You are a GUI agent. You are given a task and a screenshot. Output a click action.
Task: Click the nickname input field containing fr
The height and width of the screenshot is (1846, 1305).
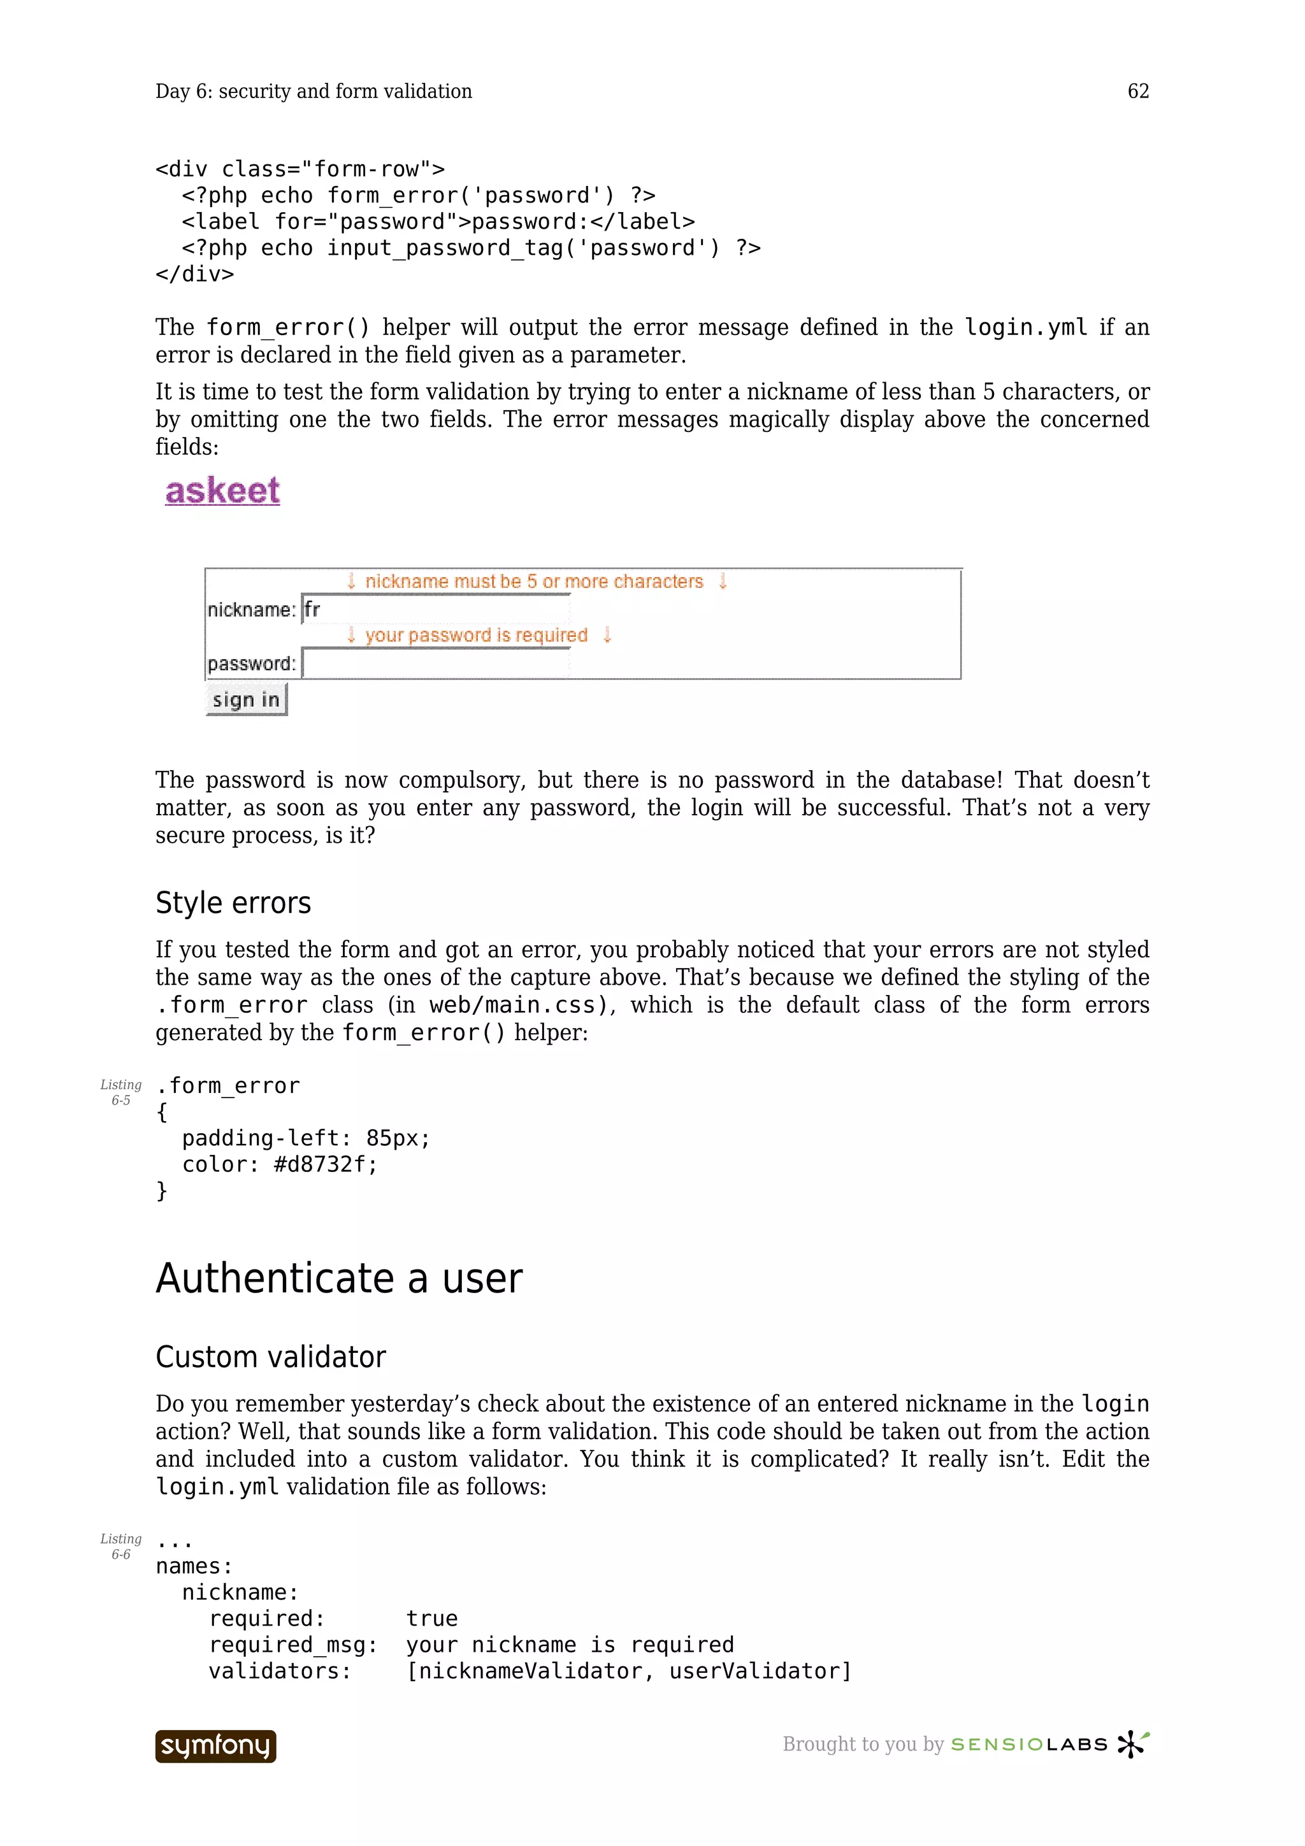(x=435, y=610)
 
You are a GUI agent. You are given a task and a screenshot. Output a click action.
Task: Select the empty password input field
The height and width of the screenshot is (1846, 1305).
(x=435, y=663)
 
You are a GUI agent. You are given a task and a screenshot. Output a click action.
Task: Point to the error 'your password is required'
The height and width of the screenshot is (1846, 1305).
(x=476, y=635)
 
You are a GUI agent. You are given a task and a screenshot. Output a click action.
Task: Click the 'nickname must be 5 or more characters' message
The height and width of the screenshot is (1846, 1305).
(x=534, y=582)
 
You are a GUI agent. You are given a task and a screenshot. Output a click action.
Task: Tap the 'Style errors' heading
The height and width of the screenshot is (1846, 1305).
(x=233, y=903)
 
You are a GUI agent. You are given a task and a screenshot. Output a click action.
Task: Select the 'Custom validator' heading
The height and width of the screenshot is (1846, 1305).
(x=270, y=1357)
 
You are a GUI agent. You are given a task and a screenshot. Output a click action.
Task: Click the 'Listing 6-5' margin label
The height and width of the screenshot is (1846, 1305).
(x=120, y=1092)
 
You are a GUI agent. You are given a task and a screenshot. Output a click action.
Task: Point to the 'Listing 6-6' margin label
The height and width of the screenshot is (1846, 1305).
(x=120, y=1546)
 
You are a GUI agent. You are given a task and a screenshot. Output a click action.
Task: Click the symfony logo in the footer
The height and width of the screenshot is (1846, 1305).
(x=215, y=1745)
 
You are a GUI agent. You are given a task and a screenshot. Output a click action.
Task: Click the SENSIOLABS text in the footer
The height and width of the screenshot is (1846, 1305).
(x=1029, y=1745)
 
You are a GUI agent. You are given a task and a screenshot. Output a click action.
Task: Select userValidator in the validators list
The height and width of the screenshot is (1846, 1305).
(x=753, y=1671)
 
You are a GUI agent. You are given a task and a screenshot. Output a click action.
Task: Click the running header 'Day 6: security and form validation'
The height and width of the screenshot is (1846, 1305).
(x=314, y=92)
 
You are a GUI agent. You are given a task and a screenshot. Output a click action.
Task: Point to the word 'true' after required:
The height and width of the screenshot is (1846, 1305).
(x=432, y=1619)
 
